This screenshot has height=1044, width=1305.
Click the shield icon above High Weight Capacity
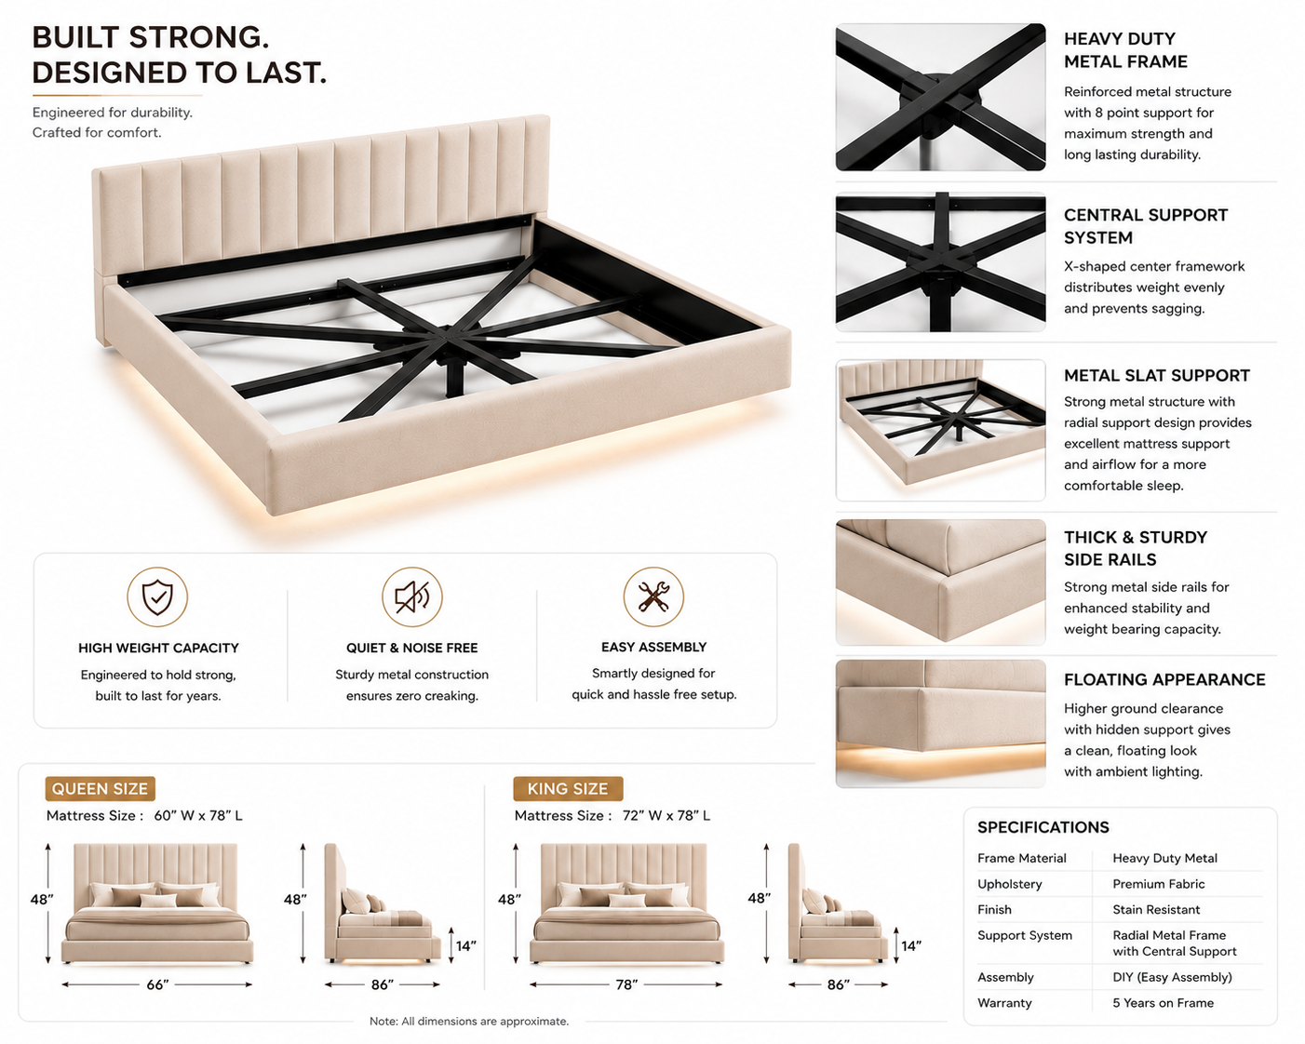pyautogui.click(x=157, y=596)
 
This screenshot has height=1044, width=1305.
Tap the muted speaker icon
pyautogui.click(x=411, y=596)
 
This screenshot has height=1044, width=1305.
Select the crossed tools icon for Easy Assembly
pyautogui.click(x=653, y=596)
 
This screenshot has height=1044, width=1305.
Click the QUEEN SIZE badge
pyautogui.click(x=100, y=789)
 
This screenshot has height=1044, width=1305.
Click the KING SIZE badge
pyautogui.click(x=568, y=789)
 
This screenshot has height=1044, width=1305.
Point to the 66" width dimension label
pyautogui.click(x=157, y=984)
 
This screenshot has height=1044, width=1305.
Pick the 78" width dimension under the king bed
pyautogui.click(x=626, y=984)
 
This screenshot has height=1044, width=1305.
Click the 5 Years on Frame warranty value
pyautogui.click(x=1164, y=1003)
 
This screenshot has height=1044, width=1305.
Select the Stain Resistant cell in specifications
pyautogui.click(x=1156, y=909)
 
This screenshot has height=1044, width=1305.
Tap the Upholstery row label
pyautogui.click(x=1010, y=884)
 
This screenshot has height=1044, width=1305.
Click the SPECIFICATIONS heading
pyautogui.click(x=1043, y=827)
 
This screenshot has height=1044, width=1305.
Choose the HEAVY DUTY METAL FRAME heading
pyautogui.click(x=1125, y=50)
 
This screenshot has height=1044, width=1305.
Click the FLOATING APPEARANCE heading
pyautogui.click(x=1164, y=679)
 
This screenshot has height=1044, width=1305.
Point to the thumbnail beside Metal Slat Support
pyautogui.click(x=940, y=431)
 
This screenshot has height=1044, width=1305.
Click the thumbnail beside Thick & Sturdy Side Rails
pyautogui.click(x=940, y=582)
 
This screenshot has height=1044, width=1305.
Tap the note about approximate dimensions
pyautogui.click(x=469, y=1022)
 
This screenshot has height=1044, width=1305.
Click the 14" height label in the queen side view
pyautogui.click(x=466, y=945)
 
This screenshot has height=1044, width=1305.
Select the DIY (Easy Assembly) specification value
pyautogui.click(x=1172, y=977)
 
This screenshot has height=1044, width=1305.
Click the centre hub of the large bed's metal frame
pyautogui.click(x=448, y=337)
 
